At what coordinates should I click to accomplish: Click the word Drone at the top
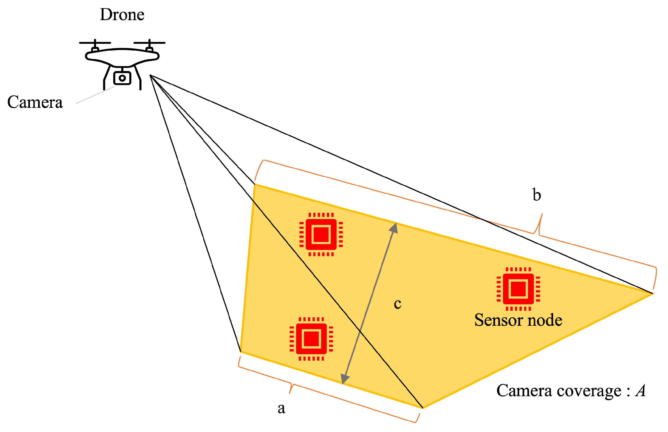122,15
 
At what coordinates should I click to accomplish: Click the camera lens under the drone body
122,78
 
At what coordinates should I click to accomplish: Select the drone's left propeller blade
95,43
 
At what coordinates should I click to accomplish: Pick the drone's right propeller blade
149,43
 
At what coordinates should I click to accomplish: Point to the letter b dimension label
537,195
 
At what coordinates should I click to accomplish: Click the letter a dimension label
281,408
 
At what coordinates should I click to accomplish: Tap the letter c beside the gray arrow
397,304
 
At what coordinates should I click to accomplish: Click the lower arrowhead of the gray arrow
344,379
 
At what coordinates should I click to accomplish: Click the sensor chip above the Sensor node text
518,289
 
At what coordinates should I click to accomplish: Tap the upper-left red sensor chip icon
321,234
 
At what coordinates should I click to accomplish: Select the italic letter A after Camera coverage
640,391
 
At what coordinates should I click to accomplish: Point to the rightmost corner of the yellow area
652,294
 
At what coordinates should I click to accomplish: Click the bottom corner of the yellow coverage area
422,408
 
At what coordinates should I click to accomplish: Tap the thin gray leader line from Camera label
95,95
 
